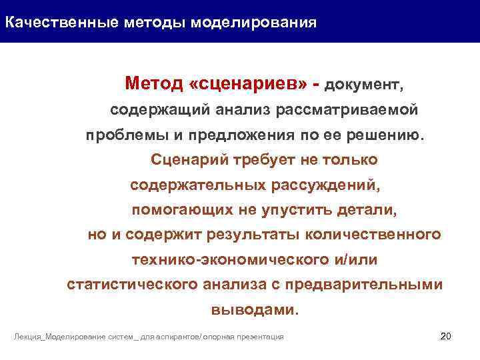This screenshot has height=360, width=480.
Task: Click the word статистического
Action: pyautogui.click(x=133, y=285)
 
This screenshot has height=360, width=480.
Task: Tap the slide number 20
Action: pyautogui.click(x=446, y=335)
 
